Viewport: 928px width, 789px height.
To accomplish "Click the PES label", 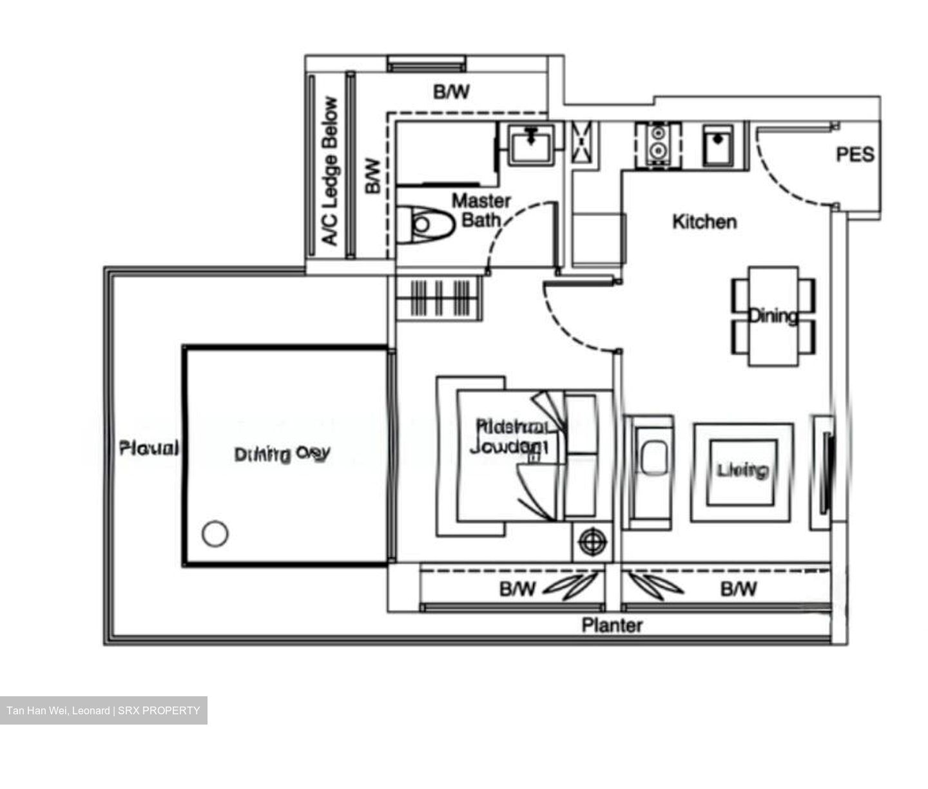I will pyautogui.click(x=855, y=155).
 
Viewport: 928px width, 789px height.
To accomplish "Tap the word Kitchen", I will pyautogui.click(x=704, y=222).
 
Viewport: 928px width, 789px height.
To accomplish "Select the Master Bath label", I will pyautogui.click(x=481, y=210).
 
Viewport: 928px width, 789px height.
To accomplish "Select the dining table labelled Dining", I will pyautogui.click(x=773, y=316).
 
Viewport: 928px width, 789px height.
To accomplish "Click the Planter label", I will pyautogui.click(x=612, y=625).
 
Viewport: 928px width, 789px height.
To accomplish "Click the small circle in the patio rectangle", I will pyautogui.click(x=215, y=534).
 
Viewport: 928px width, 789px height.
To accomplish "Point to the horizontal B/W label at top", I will pyautogui.click(x=451, y=92).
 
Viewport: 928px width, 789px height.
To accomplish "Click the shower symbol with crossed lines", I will pyautogui.click(x=584, y=144).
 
